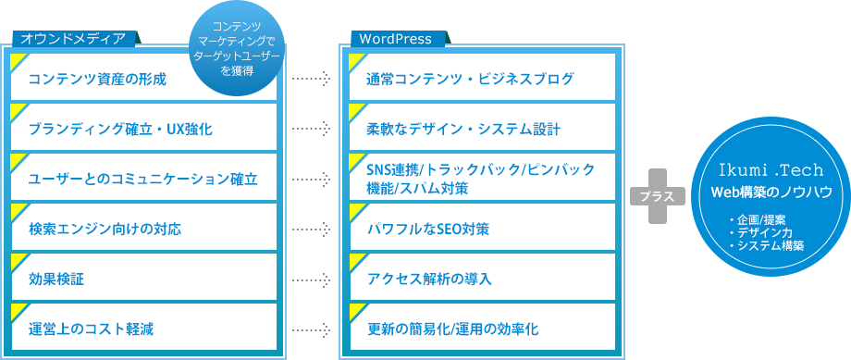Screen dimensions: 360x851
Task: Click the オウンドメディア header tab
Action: pos(74,39)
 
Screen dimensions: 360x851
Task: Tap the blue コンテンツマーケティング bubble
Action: pos(238,51)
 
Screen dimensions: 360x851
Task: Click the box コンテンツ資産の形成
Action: pos(143,79)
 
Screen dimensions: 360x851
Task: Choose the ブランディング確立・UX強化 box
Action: pos(143,129)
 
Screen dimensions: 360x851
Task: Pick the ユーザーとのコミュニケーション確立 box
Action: pos(143,179)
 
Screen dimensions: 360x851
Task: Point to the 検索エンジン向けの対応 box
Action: pos(143,228)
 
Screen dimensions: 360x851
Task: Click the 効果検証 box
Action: pos(143,278)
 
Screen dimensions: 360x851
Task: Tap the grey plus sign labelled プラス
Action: pos(658,196)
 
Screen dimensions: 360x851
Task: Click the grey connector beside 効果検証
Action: pos(311,279)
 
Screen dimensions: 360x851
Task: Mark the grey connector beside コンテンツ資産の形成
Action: pos(311,80)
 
